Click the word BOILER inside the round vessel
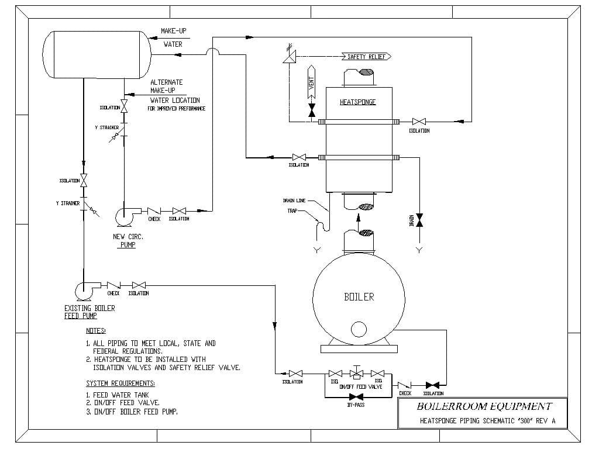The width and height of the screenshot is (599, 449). [x=359, y=296]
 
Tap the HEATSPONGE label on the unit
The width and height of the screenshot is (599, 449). [x=357, y=102]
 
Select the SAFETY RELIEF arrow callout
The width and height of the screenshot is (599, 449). [x=366, y=57]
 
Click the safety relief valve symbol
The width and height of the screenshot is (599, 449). [x=288, y=57]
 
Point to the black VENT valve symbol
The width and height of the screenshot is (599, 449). [x=311, y=110]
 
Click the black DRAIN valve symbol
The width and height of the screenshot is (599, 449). [x=419, y=220]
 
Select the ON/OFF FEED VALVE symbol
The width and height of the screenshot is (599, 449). [x=356, y=374]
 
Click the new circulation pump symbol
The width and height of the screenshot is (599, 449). [x=125, y=215]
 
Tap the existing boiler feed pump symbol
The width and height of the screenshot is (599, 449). [x=85, y=290]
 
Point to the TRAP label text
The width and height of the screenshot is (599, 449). [x=292, y=211]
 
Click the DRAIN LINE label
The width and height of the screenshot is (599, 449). [x=294, y=201]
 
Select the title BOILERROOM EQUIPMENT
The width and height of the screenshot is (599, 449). [x=484, y=406]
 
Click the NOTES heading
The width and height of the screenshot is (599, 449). [x=96, y=331]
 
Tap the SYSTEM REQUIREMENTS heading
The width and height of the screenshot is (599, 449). [x=121, y=384]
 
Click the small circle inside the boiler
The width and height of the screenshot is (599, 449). [x=359, y=330]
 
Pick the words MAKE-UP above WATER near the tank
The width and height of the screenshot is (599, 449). [x=174, y=31]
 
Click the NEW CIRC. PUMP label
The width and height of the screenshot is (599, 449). [x=128, y=240]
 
